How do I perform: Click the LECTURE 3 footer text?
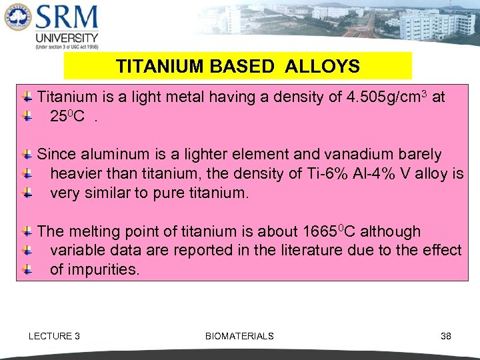click(54, 336)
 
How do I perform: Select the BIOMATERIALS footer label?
click(239, 336)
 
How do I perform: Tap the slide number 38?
click(446, 336)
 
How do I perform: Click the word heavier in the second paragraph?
click(75, 174)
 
